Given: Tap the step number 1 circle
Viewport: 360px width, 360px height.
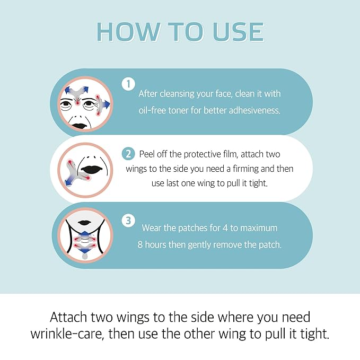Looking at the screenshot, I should [128, 84].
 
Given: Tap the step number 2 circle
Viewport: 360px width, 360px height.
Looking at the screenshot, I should [128, 154].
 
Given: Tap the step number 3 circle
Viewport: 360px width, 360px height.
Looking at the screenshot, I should [128, 221].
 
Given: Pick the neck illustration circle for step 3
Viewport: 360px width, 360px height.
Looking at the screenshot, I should [85, 235].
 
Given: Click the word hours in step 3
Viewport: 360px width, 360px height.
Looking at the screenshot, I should [173, 245].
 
